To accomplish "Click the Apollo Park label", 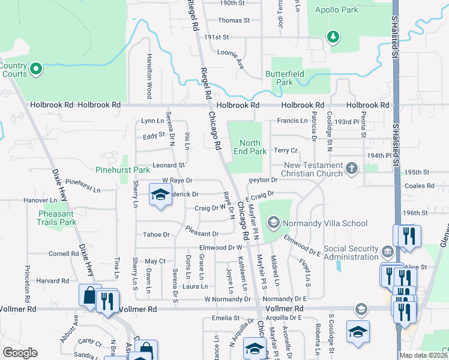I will pos(340,10).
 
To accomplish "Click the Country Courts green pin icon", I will pos(35,70).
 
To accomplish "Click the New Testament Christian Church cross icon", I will pos(352,169).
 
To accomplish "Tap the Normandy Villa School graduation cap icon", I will pos(274,224).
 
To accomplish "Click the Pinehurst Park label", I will pos(122,170).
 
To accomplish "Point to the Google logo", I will pos(20,353).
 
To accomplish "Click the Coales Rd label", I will pos(432,186).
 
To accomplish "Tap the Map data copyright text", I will pos(423,355).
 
